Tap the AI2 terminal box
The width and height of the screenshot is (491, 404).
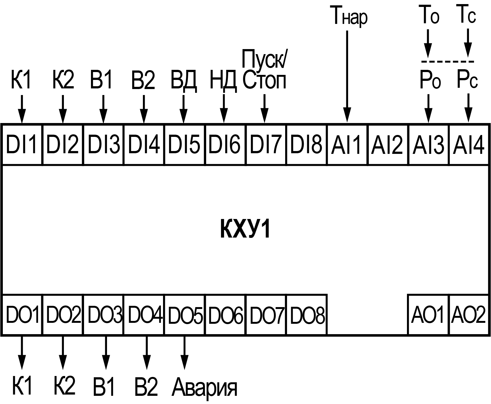point(388,144)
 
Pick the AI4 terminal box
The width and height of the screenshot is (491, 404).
point(469,144)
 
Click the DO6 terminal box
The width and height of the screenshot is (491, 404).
point(225,315)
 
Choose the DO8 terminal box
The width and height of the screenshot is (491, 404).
point(307,315)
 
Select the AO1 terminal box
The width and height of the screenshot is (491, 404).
point(428,315)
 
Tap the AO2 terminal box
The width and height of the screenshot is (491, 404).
point(469,315)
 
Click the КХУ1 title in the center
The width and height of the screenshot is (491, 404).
point(245,230)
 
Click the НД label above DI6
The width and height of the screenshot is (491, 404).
point(223,80)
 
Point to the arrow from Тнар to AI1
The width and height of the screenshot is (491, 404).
point(347,76)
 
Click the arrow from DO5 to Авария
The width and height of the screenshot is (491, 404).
point(184,352)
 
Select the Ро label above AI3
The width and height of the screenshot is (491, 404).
point(430,80)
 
